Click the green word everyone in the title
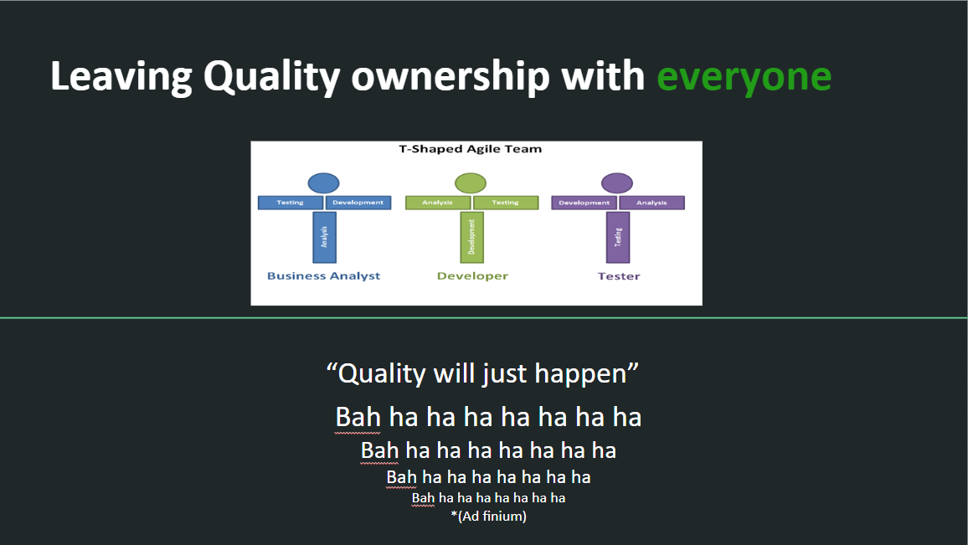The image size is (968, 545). pos(744,77)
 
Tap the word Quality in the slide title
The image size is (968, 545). pos(271,77)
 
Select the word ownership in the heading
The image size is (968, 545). pos(450,77)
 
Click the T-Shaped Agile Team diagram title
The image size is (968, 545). pos(471,149)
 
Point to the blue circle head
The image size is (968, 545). pos(323,183)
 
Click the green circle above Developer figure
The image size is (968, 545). pos(471,183)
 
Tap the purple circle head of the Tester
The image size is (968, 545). pos(617,183)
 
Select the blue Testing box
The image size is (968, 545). pos(291,203)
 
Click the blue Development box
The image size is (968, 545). pos(358,203)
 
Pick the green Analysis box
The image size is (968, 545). pos(438,203)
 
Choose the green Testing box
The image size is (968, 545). pos(506,203)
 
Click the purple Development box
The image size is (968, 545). pos(584,203)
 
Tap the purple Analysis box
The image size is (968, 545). pos(652,203)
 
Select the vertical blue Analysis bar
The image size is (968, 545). pos(325,237)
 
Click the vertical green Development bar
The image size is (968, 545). pos(472,237)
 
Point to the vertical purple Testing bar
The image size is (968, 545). pos(618,237)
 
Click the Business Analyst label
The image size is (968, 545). pos(323,276)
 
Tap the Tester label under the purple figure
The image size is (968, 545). pos(619,276)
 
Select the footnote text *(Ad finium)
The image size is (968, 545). pos(489,516)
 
